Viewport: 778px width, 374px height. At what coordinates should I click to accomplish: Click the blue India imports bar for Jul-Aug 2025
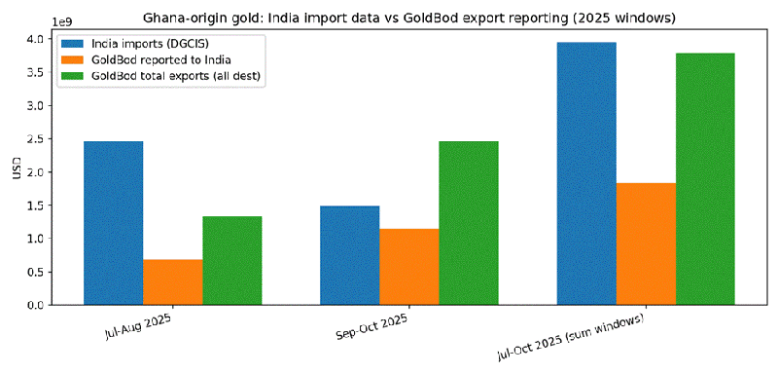113,223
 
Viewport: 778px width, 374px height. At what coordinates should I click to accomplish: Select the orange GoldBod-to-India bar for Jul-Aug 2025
172,282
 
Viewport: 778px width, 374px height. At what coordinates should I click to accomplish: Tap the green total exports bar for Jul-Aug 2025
231,260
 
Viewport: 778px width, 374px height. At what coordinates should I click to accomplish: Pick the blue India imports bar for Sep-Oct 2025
349,255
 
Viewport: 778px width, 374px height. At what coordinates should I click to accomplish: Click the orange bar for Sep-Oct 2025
408,267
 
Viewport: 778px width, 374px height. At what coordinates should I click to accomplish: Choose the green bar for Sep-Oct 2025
468,223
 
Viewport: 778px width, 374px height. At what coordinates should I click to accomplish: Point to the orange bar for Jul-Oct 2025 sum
646,243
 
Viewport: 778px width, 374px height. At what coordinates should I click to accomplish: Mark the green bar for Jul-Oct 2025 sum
705,179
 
